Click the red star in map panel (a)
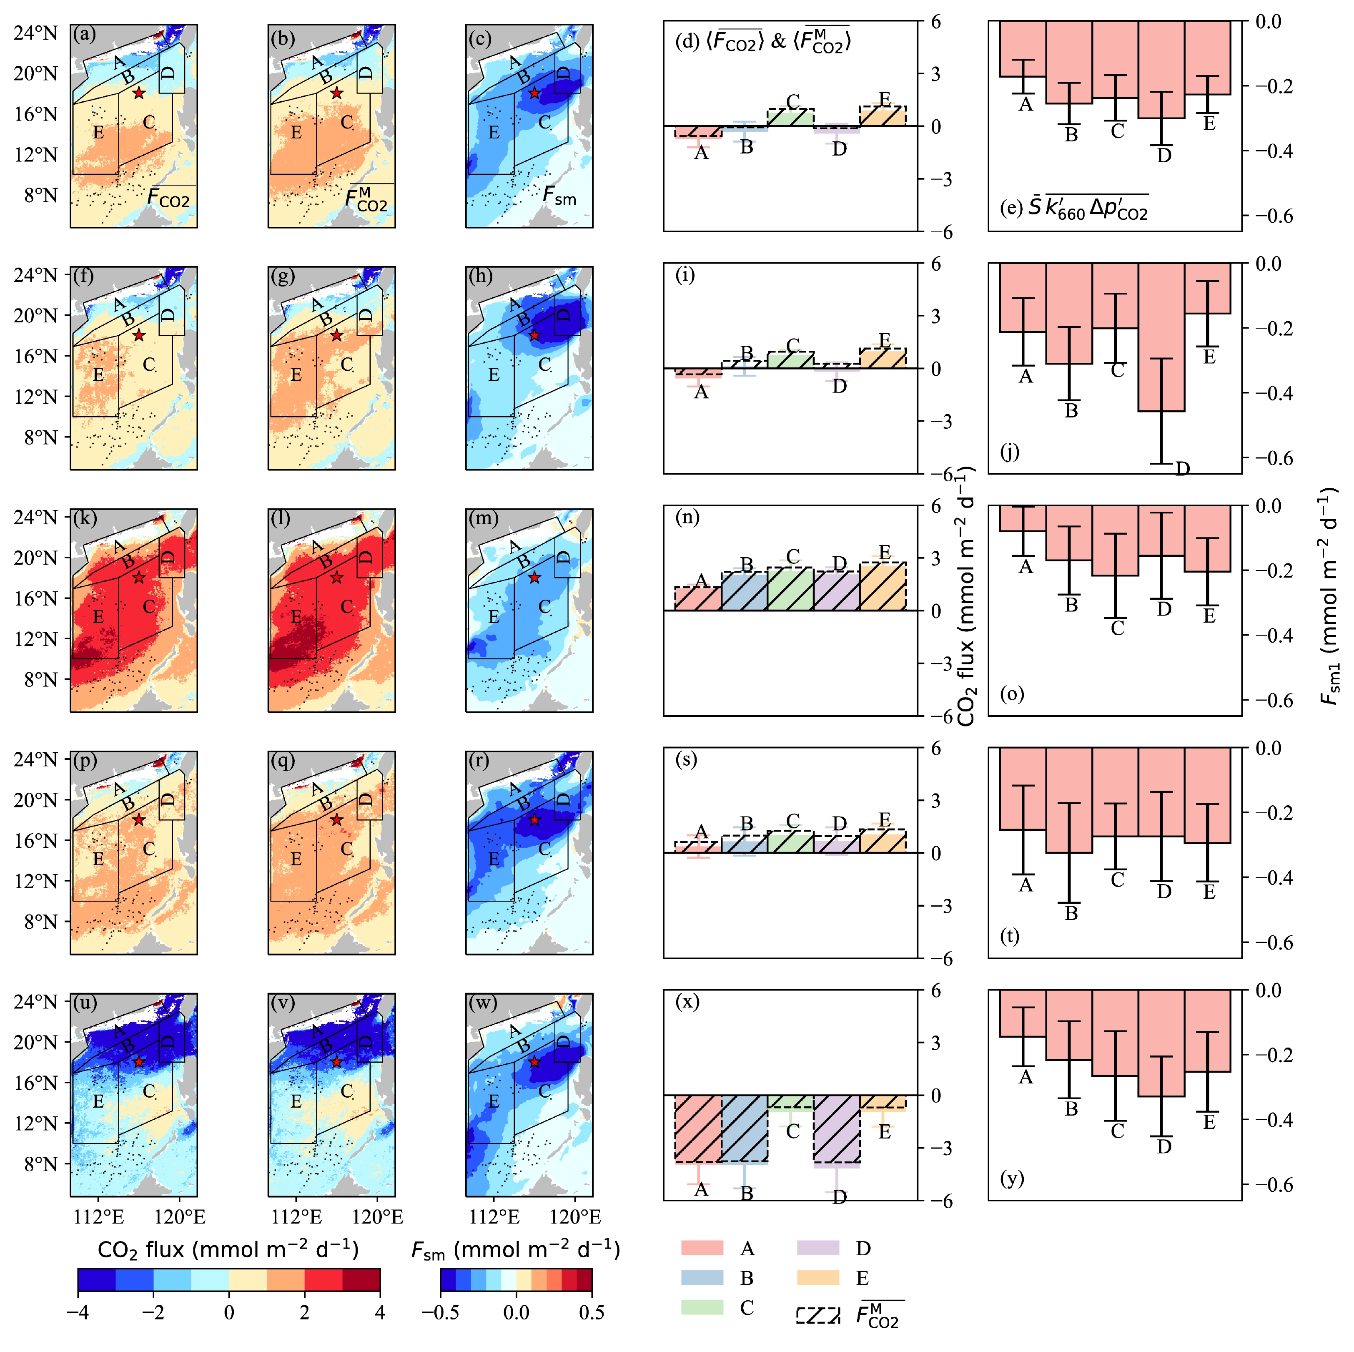click(x=139, y=93)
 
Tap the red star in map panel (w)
click(x=534, y=1062)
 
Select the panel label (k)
click(x=85, y=518)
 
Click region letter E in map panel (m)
click(x=494, y=617)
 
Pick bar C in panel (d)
click(x=790, y=117)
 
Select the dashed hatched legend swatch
click(x=818, y=1315)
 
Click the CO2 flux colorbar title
click(x=228, y=1249)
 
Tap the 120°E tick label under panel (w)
click(x=575, y=1216)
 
